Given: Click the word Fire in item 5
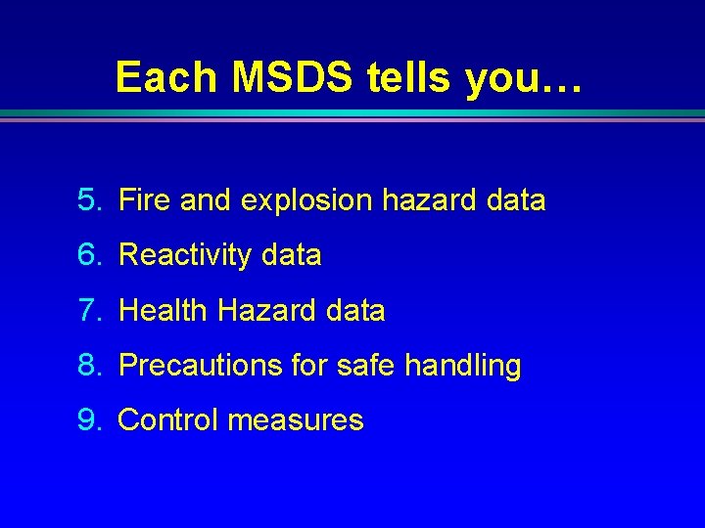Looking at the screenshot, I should (x=145, y=200).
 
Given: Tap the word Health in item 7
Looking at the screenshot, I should (x=164, y=311).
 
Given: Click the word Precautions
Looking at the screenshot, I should (x=201, y=367).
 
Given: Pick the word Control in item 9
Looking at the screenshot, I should (x=167, y=420).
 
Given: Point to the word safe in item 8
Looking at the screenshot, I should (x=366, y=367).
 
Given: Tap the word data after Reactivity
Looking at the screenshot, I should (x=291, y=256).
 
